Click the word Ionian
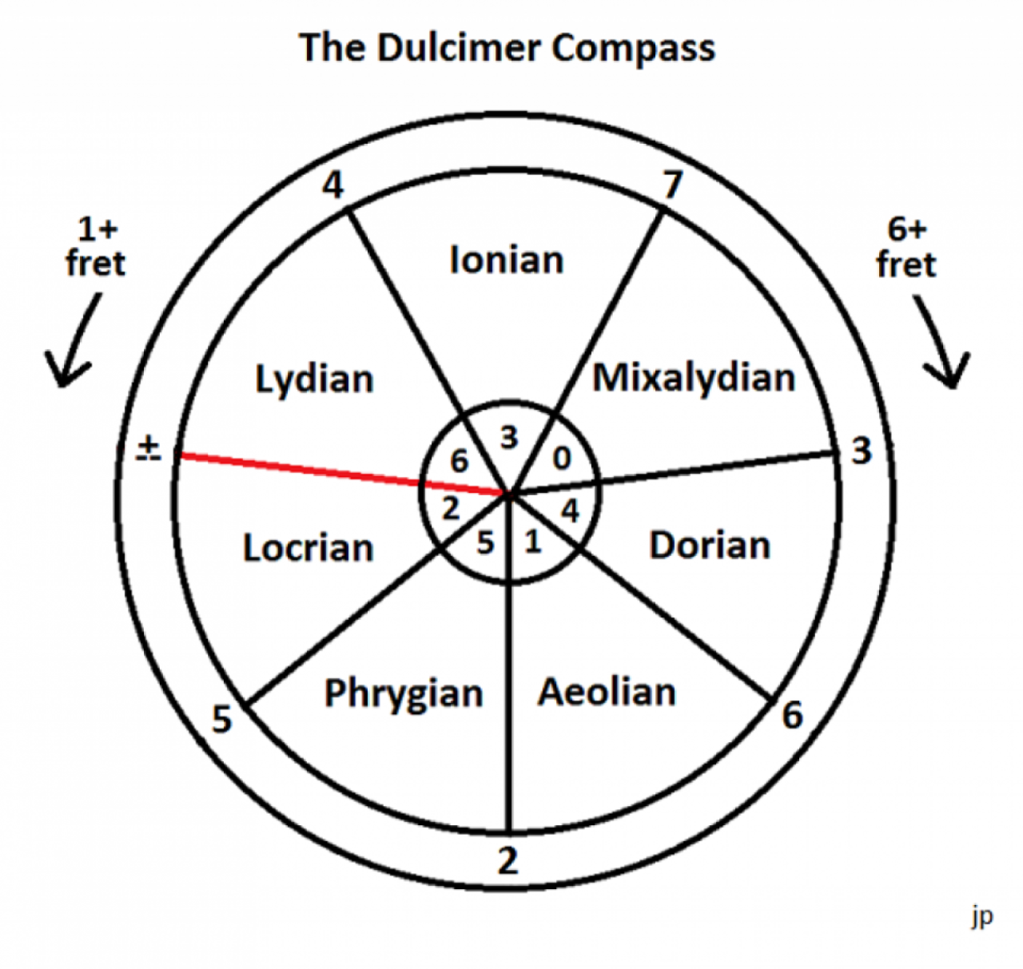point(507,260)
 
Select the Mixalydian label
point(694,378)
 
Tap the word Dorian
point(710,546)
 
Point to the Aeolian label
point(607,692)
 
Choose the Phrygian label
point(404,693)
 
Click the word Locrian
point(308,548)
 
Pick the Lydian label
point(314,379)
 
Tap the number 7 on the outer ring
point(673,185)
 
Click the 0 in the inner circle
point(562,459)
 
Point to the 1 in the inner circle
point(533,542)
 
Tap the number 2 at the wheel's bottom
point(508,861)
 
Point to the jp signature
point(982,916)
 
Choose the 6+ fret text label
point(906,248)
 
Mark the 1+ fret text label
point(97,247)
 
